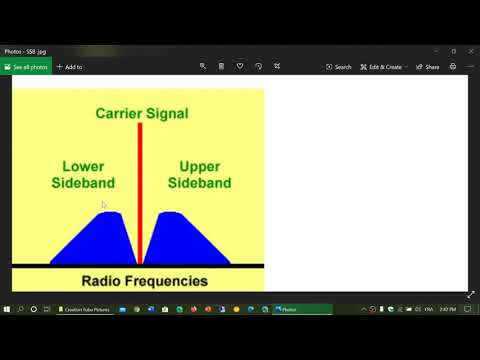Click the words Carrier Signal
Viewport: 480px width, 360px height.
(141, 113)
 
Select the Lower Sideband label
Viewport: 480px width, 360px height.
(83, 175)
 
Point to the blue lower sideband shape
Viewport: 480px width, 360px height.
(96, 240)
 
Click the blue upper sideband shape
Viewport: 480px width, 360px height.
(185, 240)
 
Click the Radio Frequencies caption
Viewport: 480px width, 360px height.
(144, 281)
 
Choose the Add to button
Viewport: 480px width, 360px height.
(69, 67)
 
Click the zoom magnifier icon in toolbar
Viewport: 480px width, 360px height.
(203, 67)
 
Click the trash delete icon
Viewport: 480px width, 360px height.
(221, 67)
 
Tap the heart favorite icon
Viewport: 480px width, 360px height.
(240, 67)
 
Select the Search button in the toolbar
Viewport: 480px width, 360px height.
(339, 67)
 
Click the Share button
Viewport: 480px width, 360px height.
(428, 67)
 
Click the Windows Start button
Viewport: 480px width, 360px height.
(6, 309)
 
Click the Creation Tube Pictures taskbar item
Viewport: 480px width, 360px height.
(84, 309)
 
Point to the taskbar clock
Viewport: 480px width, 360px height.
(447, 309)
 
